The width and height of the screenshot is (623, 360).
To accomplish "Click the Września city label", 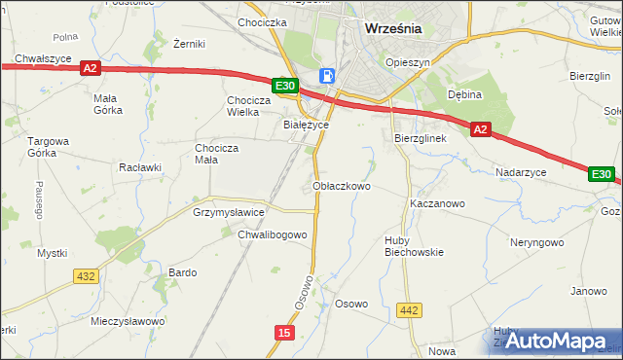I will pyautogui.click(x=393, y=28).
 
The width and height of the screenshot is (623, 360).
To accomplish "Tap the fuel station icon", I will pyautogui.click(x=329, y=75).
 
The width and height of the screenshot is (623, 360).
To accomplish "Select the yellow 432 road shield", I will pyautogui.click(x=86, y=276).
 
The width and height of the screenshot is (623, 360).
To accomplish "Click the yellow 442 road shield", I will pyautogui.click(x=410, y=310).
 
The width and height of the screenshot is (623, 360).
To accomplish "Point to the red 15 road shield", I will pyautogui.click(x=282, y=333).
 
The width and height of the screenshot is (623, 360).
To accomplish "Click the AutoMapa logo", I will pyautogui.click(x=554, y=340).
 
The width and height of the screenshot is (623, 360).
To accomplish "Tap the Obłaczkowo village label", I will pyautogui.click(x=341, y=186).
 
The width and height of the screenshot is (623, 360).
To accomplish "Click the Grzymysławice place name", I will pyautogui.click(x=229, y=211).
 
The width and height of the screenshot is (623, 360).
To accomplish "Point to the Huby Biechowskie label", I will pyautogui.click(x=414, y=245).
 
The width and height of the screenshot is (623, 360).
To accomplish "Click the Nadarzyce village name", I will pyautogui.click(x=521, y=171).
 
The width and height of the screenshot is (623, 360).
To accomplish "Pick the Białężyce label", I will pyautogui.click(x=306, y=125).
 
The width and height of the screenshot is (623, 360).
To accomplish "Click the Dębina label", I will pyautogui.click(x=465, y=95).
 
